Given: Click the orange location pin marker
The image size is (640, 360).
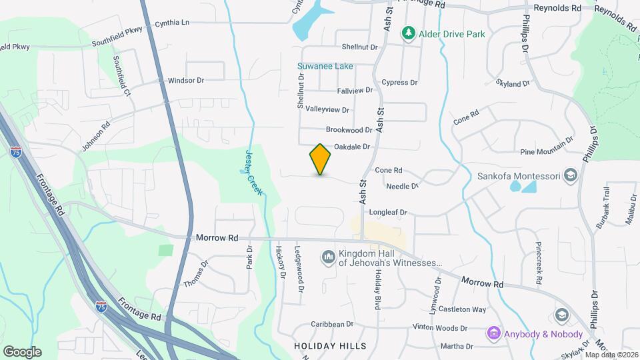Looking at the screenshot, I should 320,160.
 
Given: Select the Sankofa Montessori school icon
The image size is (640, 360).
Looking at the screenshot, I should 570,176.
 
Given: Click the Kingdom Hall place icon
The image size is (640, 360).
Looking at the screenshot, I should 328,257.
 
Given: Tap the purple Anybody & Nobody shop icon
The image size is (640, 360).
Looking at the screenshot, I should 493,333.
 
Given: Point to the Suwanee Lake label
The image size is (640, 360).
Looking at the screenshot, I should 325,67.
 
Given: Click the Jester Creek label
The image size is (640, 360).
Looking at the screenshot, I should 253,172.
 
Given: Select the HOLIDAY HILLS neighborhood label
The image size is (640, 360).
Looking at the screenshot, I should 330,346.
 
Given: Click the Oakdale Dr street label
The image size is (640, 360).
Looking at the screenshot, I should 351,147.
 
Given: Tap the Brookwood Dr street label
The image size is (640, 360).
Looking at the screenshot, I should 349,129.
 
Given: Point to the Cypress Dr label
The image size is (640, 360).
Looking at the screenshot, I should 399,83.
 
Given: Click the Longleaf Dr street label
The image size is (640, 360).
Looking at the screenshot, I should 388,212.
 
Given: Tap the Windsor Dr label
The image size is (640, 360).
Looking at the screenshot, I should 185,80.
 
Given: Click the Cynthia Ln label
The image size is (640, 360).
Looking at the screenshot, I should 172,23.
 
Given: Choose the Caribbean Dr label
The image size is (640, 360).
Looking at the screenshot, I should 332,324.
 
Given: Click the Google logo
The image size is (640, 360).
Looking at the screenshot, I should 22,352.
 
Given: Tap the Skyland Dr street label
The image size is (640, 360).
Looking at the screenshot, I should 513,83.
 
